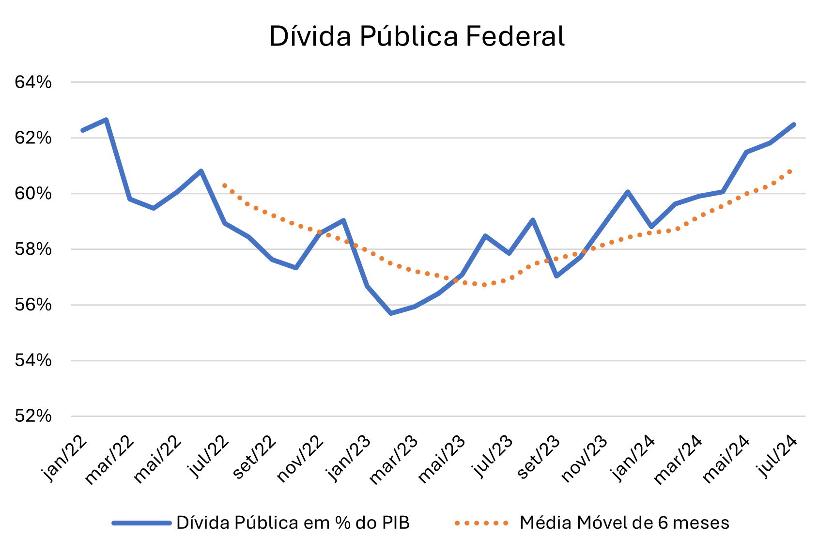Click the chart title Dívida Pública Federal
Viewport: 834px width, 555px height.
click(x=417, y=36)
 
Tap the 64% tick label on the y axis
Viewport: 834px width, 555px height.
click(x=33, y=82)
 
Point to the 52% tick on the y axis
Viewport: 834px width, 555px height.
click(x=33, y=416)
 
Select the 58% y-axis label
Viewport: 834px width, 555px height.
click(x=33, y=249)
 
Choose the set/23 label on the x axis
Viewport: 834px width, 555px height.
click(x=538, y=458)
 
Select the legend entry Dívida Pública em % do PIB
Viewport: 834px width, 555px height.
click(x=293, y=523)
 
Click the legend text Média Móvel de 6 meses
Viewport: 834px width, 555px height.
click(x=624, y=523)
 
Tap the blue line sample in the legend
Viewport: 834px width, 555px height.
click(x=141, y=523)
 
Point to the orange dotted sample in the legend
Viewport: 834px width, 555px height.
click(x=482, y=523)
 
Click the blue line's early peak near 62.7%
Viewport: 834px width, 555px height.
click(x=106, y=120)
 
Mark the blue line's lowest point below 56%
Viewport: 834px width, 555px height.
click(x=391, y=313)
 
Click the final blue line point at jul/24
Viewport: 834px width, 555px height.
click(x=794, y=124)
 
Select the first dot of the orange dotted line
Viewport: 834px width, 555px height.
click(x=224, y=185)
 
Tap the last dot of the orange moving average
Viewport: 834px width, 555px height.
click(x=790, y=171)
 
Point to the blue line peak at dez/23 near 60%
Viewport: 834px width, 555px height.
click(x=628, y=192)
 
